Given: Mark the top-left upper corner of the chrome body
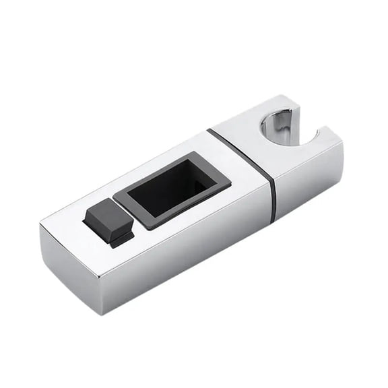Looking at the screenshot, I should tap(41, 225).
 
